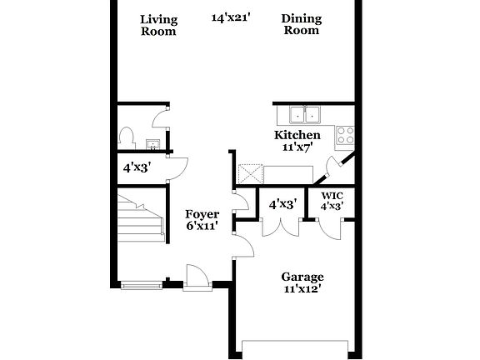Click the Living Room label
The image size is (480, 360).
(158, 25)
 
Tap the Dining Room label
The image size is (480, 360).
(301, 25)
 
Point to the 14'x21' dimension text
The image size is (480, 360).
(231, 17)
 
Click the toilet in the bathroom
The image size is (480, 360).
(127, 135)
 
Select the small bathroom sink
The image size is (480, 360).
(153, 142)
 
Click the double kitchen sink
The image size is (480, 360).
(304, 115)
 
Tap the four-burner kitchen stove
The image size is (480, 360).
(345, 133)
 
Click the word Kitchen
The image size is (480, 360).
(297, 135)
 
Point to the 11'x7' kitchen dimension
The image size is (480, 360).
(297, 147)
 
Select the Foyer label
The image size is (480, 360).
(202, 214)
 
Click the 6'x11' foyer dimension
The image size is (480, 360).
(202, 227)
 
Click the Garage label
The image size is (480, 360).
(302, 277)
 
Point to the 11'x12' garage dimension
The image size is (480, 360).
(302, 290)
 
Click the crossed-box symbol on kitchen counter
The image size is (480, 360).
(249, 174)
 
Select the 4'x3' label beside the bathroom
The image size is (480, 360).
(137, 166)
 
